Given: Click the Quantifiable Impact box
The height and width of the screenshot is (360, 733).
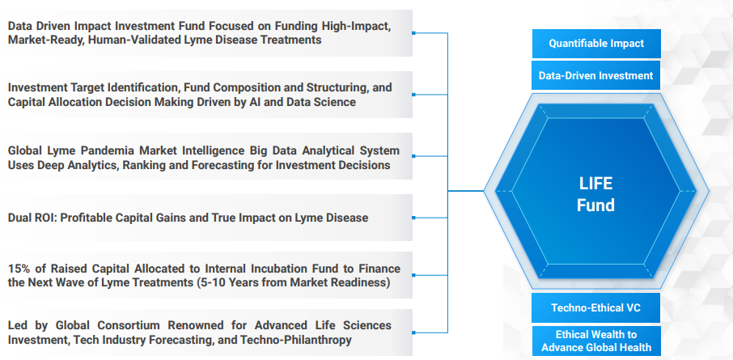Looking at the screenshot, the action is [x=596, y=44].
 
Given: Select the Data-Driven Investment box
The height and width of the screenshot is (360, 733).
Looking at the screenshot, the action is [x=596, y=75].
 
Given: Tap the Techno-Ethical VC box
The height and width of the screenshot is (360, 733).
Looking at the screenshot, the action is [x=596, y=307].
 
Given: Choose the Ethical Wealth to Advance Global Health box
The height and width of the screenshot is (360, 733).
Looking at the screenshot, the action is [x=596, y=341].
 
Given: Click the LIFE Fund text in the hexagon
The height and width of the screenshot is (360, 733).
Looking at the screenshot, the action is [x=595, y=194].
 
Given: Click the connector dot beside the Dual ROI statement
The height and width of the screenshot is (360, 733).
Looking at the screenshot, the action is [x=413, y=218].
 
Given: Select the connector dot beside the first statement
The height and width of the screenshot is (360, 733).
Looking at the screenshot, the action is [x=413, y=32].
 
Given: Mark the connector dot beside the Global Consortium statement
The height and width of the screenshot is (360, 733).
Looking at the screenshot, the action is [x=413, y=332].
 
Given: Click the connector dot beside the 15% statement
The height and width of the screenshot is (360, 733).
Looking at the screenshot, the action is [x=413, y=275].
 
